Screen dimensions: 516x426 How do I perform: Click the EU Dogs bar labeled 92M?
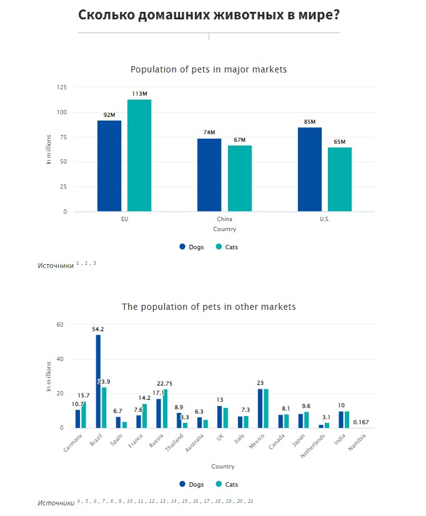click(x=109, y=166)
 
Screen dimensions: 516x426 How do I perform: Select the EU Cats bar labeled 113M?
click(x=139, y=156)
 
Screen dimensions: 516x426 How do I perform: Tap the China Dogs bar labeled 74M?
click(x=209, y=175)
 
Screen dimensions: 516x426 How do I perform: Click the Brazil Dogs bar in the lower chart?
click(x=98, y=381)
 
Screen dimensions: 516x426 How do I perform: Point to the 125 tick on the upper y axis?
click(x=61, y=87)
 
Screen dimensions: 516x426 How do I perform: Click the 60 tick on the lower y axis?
click(x=61, y=325)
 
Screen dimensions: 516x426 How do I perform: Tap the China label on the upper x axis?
click(x=224, y=220)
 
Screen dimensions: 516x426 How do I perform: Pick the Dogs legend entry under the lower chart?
click(x=191, y=484)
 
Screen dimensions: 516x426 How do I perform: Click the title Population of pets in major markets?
click(x=209, y=69)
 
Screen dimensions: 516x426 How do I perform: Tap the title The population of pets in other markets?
click(x=209, y=307)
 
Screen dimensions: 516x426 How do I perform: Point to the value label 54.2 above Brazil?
click(x=97, y=329)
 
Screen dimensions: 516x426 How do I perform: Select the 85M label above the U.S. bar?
click(x=309, y=121)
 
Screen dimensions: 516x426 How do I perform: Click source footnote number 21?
click(x=250, y=501)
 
